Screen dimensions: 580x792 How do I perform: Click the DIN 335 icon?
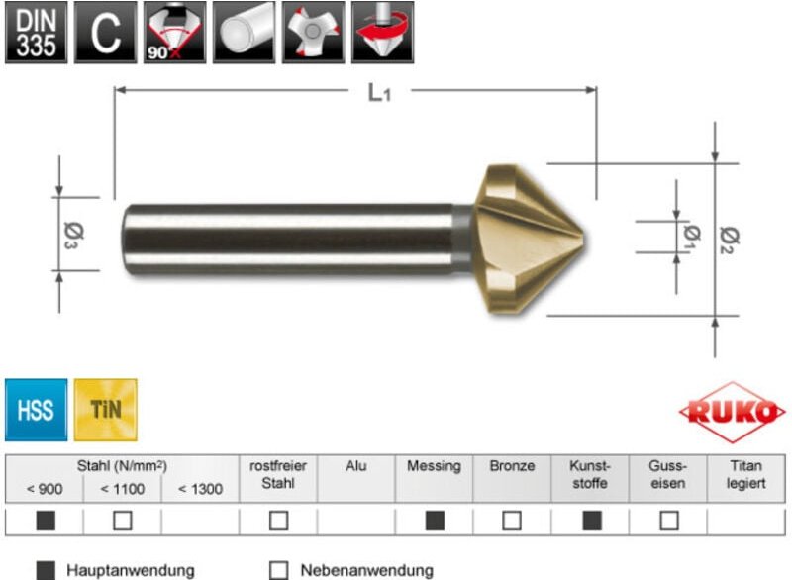tap(36, 33)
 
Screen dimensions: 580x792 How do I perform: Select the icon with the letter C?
tap(103, 33)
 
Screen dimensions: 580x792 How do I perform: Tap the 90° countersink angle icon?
tap(171, 33)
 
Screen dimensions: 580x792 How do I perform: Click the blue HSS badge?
tap(36, 409)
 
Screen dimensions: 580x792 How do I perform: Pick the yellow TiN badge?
tap(106, 409)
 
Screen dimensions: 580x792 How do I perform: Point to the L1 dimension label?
tap(379, 93)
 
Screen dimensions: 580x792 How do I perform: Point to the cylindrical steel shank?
tap(287, 239)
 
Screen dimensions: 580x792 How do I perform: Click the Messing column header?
tap(434, 466)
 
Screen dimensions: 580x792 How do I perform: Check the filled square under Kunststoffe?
tap(591, 520)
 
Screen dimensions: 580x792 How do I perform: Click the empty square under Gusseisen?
tap(669, 520)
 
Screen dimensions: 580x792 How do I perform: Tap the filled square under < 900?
tap(46, 520)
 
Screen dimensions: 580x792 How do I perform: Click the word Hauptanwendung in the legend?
tap(130, 570)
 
